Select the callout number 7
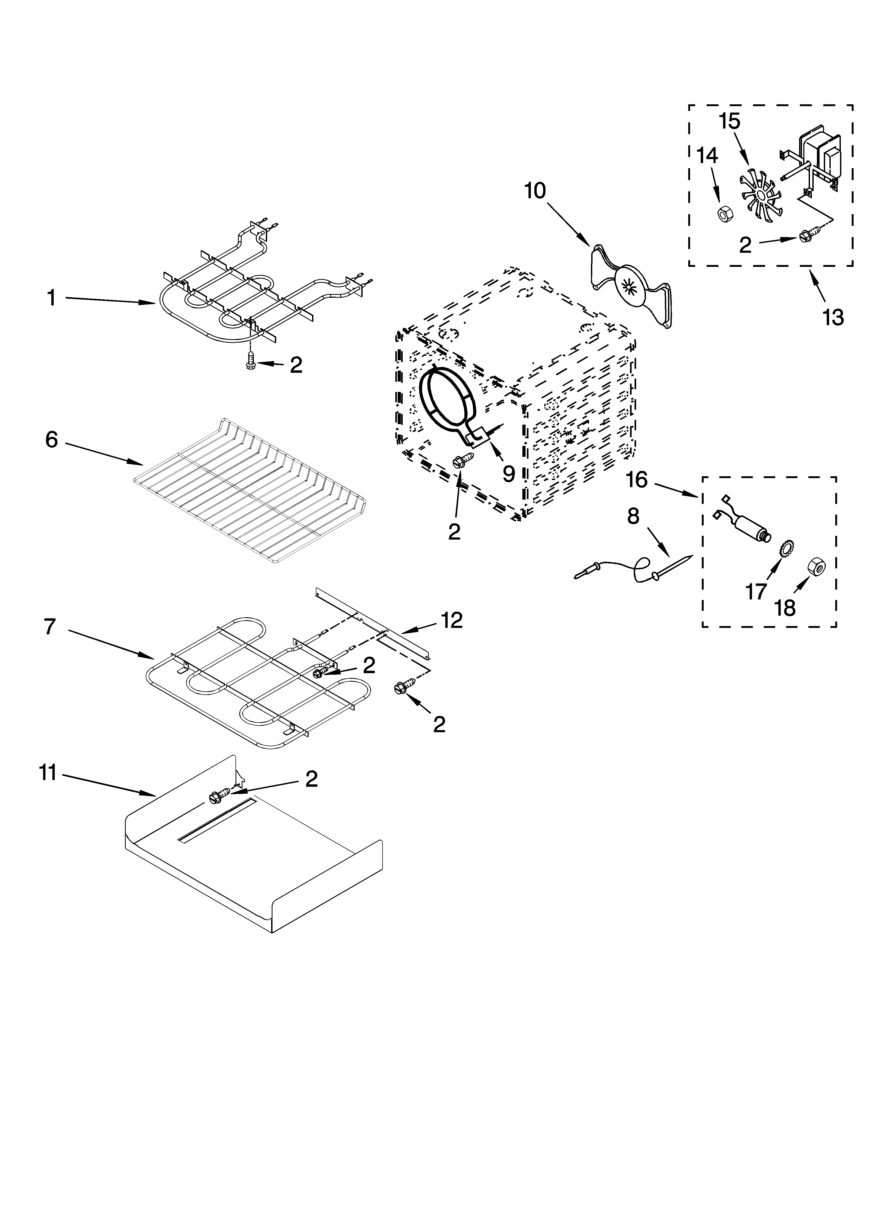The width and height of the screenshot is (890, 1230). point(50,626)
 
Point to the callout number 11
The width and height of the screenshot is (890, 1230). point(48,773)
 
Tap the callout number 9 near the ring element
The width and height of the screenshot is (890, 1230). point(509,474)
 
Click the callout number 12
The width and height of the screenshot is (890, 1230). point(451,620)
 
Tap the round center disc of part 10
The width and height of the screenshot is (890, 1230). point(630,285)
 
